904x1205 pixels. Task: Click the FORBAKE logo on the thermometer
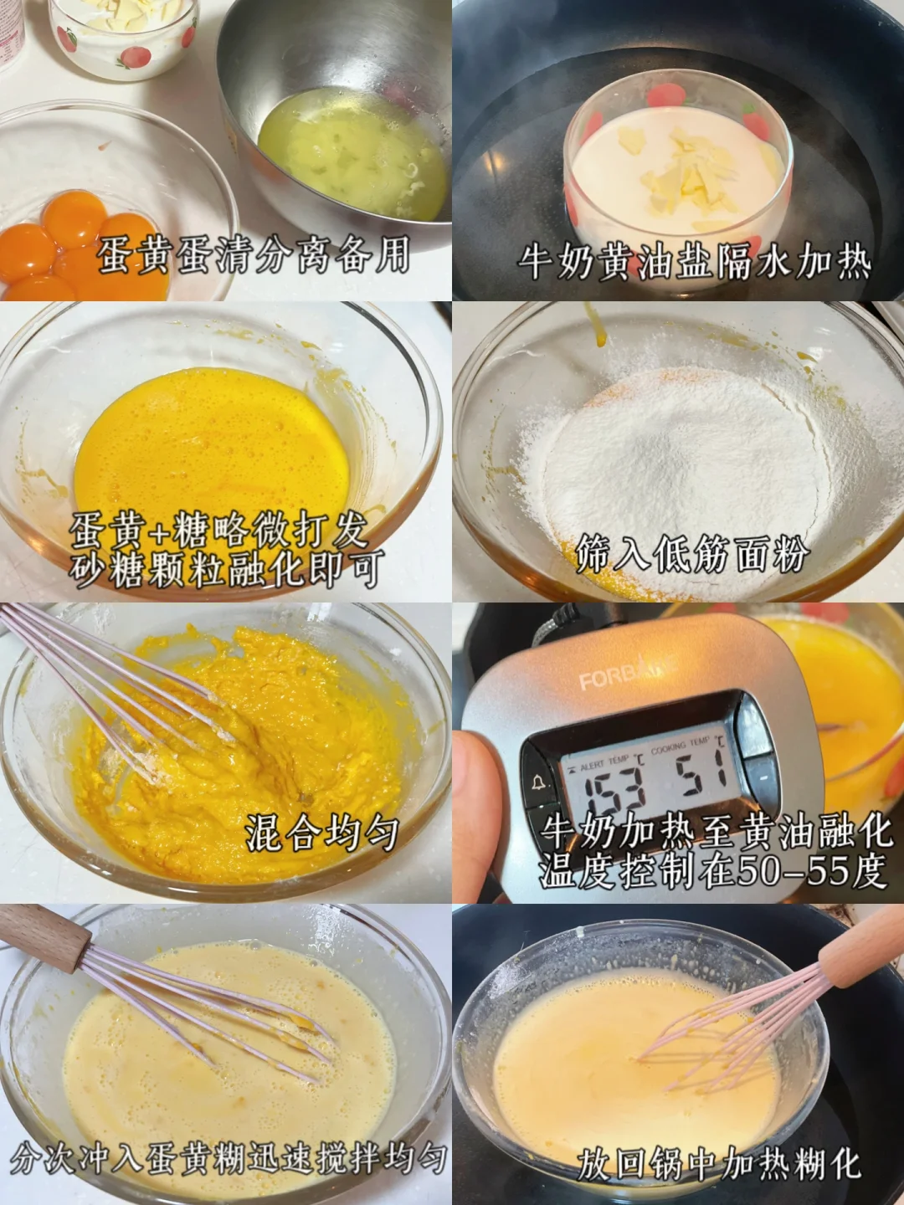coord(627,676)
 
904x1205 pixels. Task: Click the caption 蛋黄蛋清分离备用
coord(254,255)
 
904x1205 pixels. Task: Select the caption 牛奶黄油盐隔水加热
coord(695,264)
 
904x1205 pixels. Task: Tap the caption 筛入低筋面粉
coord(692,556)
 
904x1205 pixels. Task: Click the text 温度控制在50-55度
coord(713,871)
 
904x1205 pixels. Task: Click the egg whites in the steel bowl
coord(352,153)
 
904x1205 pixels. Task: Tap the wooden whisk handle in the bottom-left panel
coord(44,936)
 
